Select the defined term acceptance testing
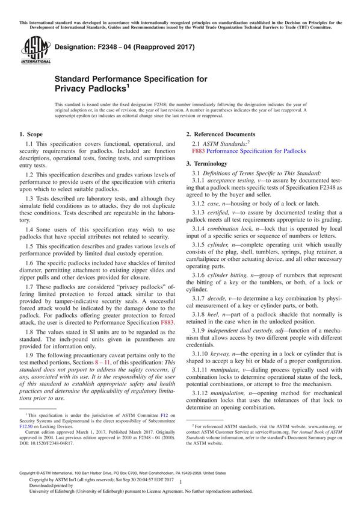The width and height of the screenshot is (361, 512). click(x=232, y=181)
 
